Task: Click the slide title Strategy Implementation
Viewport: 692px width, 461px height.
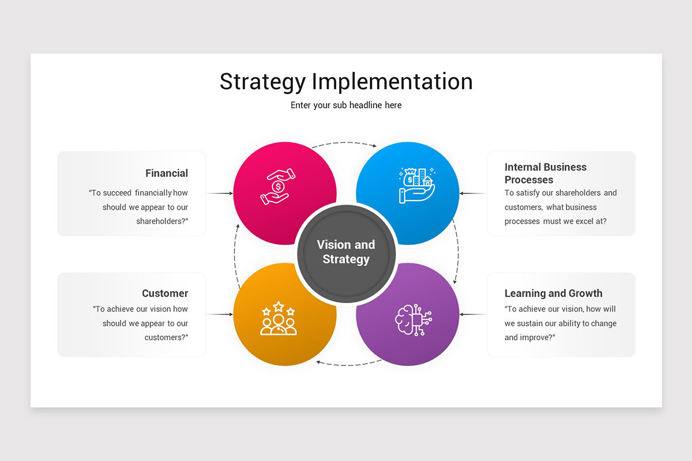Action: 346,81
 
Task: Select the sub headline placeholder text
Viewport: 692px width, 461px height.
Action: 346,105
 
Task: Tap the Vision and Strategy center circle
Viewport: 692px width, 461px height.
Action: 346,252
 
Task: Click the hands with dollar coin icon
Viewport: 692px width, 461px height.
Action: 278,187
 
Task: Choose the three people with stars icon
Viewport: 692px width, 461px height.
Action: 279,319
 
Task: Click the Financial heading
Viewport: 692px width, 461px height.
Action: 167,173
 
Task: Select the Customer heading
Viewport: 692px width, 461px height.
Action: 165,293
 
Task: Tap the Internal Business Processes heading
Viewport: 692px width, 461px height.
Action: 546,173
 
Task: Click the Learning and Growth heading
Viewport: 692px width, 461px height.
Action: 553,293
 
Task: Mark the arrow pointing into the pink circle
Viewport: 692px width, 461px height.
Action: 220,194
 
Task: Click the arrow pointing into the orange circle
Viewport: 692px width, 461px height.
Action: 220,315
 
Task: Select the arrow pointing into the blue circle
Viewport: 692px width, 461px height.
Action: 473,194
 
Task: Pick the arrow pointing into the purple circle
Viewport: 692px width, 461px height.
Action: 473,315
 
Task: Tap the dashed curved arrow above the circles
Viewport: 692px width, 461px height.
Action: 345,143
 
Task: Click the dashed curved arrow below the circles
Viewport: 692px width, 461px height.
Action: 347,364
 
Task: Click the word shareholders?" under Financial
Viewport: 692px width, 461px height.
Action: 162,221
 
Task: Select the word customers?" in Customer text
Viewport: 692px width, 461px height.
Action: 166,338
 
